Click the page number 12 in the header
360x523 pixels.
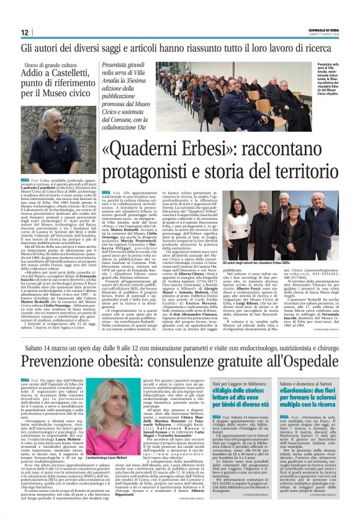point(25,32)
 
